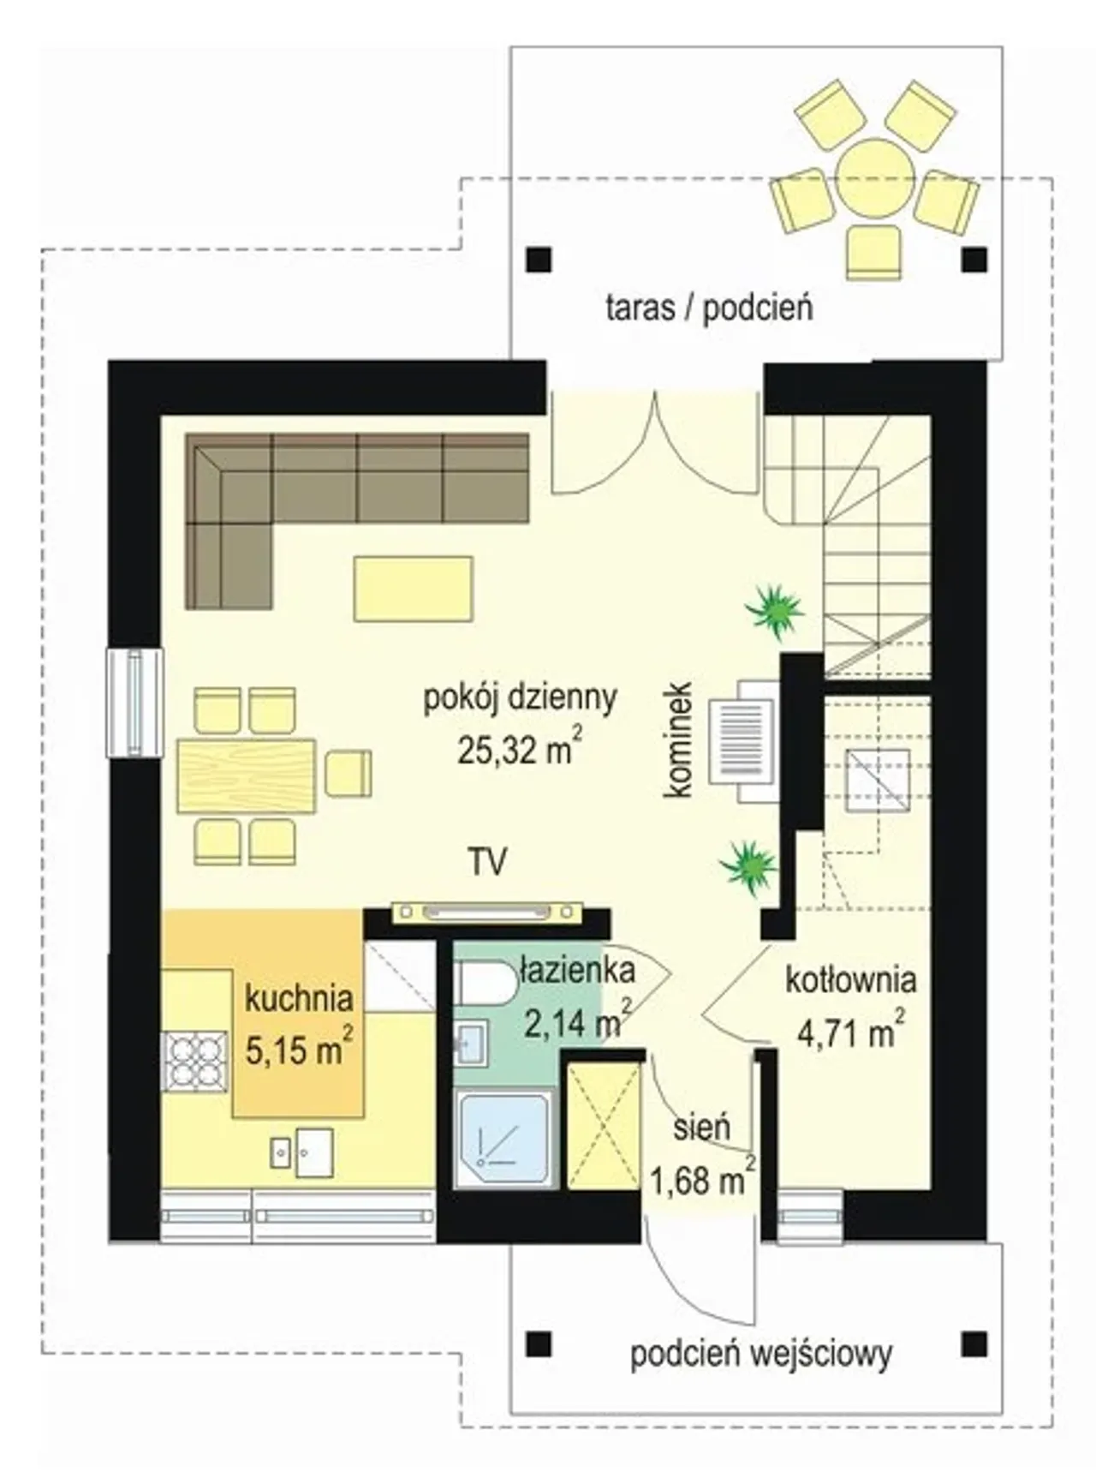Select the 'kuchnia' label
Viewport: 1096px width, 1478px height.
299,997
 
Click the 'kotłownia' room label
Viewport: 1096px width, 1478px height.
851,980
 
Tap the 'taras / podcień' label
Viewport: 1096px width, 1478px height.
709,307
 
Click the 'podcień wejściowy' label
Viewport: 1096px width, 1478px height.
761,1355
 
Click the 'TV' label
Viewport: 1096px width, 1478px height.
487,860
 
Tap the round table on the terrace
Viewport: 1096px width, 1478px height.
873,177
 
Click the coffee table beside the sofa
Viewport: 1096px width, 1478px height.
414,588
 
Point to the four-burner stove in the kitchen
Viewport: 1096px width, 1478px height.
196,1062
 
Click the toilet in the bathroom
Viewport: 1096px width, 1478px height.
485,983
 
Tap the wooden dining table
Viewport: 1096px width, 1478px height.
247,775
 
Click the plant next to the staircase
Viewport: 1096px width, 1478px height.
774,611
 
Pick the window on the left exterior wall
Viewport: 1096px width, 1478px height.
134,703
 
